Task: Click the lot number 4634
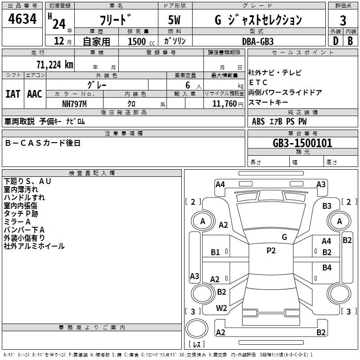pos(22,19)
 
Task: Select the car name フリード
pos(115,19)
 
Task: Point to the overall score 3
pos(343,20)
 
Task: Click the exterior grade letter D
pos(335,40)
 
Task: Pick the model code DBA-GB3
pos(257,40)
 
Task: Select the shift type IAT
pos(13,94)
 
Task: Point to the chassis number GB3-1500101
pos(302,143)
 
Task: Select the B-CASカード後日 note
pos(43,143)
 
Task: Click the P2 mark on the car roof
pos(271,251)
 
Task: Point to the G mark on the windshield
pos(284,237)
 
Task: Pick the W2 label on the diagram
pos(221,308)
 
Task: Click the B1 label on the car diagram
pos(216,252)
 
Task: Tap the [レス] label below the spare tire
pos(197,345)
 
